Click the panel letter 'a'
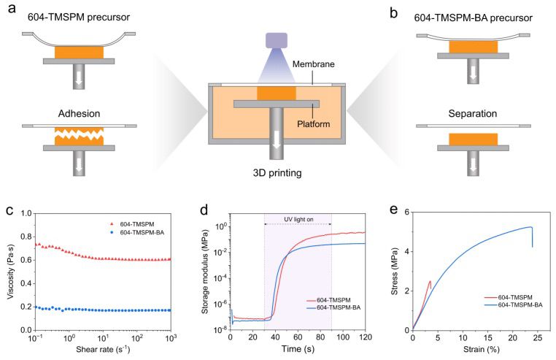pyautogui.click(x=12, y=9)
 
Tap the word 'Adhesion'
pyautogui.click(x=79, y=114)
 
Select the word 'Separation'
pyautogui.click(x=473, y=114)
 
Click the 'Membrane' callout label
pyautogui.click(x=314, y=64)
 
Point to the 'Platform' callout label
pyautogui.click(x=314, y=124)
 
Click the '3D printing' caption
pyautogui.click(x=277, y=173)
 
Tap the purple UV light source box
pyautogui.click(x=277, y=40)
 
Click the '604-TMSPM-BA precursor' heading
pyautogui.click(x=474, y=18)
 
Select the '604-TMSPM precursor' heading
pyautogui.click(x=79, y=17)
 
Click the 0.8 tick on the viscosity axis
pyautogui.click(x=26, y=237)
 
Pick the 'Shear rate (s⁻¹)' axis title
pyautogui.click(x=103, y=349)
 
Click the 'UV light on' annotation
pyautogui.click(x=298, y=219)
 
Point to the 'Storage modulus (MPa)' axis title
pyautogui.click(x=205, y=272)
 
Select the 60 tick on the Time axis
pyautogui.click(x=298, y=337)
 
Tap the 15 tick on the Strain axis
pyautogui.click(x=488, y=337)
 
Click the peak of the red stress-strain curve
pyautogui.click(x=430, y=281)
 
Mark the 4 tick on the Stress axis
pyautogui.click(x=406, y=251)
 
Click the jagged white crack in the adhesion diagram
pyautogui.click(x=79, y=134)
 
